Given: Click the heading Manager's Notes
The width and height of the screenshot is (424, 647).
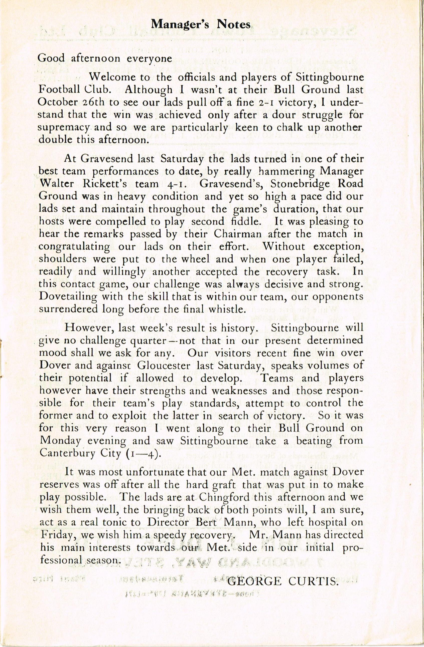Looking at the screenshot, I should pos(201,25).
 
